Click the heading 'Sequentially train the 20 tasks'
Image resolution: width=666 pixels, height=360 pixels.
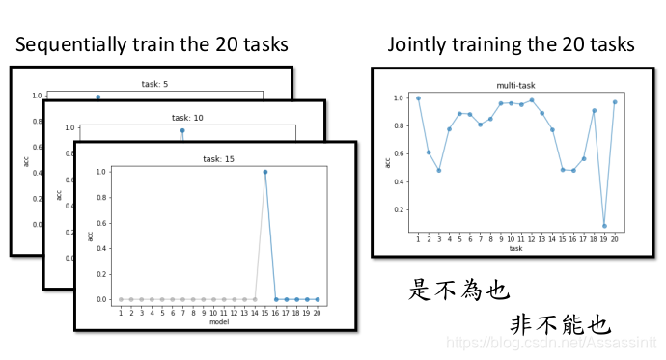(x=151, y=45)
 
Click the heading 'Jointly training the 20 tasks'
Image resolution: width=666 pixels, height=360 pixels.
(x=511, y=45)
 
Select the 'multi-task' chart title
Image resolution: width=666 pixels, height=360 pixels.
(x=515, y=85)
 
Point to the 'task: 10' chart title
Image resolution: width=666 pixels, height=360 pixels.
(x=180, y=118)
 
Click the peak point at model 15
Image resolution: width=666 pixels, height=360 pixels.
(x=264, y=172)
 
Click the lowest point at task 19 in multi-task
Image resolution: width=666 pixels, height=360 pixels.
(x=604, y=226)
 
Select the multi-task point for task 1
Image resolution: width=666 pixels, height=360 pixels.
(x=418, y=97)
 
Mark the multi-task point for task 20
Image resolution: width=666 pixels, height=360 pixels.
(x=615, y=102)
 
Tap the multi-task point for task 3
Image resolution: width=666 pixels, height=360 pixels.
(x=438, y=171)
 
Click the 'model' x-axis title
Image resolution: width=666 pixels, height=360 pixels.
(x=218, y=321)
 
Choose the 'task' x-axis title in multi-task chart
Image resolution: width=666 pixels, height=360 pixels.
(x=515, y=248)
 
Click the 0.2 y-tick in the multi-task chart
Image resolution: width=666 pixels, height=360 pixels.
(x=399, y=209)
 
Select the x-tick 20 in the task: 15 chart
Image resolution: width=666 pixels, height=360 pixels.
(x=317, y=313)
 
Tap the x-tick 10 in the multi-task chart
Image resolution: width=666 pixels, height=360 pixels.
(x=512, y=239)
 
